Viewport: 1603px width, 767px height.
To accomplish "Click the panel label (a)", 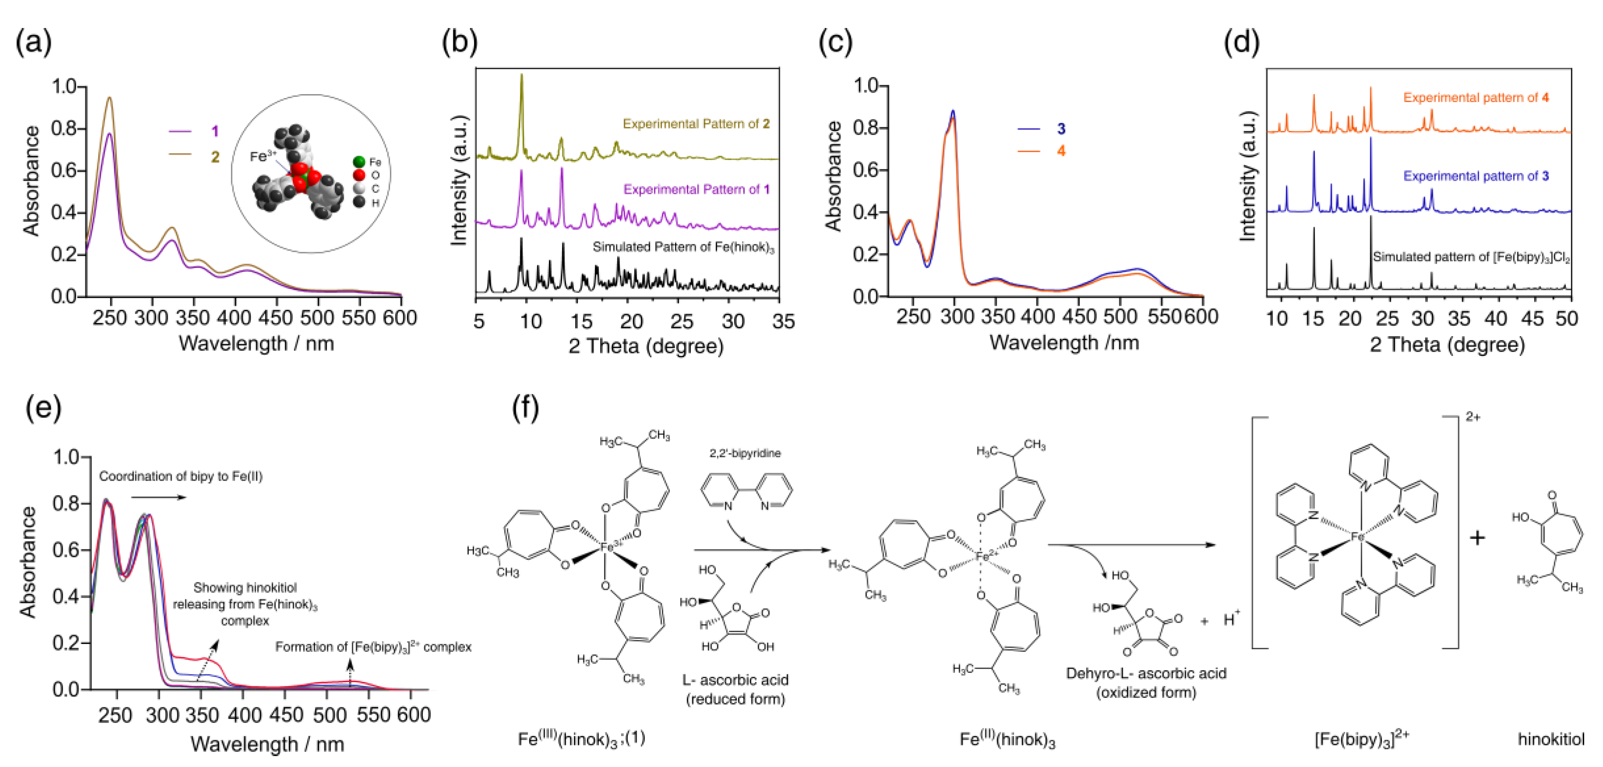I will (x=34, y=42).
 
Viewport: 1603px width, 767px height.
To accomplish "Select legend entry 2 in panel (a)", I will (x=214, y=156).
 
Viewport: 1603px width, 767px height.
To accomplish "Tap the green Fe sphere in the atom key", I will (x=359, y=162).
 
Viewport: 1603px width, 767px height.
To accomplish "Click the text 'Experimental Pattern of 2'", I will (x=696, y=124).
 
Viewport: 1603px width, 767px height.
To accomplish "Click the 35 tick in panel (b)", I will (x=783, y=321).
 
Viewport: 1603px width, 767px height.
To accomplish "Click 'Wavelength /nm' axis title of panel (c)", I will (x=1064, y=342).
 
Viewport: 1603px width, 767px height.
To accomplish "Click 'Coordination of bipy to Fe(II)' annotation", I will (x=180, y=476).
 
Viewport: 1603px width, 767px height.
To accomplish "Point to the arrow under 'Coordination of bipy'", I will (x=159, y=497).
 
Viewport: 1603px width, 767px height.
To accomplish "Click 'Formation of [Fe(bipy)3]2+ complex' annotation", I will (x=373, y=647).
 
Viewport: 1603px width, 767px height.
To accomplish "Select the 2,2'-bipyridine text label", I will (x=745, y=453).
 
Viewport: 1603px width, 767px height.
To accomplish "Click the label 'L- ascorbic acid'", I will (x=735, y=680).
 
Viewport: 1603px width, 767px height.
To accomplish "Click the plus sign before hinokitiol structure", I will (x=1476, y=537).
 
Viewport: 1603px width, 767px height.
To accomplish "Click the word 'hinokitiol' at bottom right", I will (x=1551, y=739).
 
